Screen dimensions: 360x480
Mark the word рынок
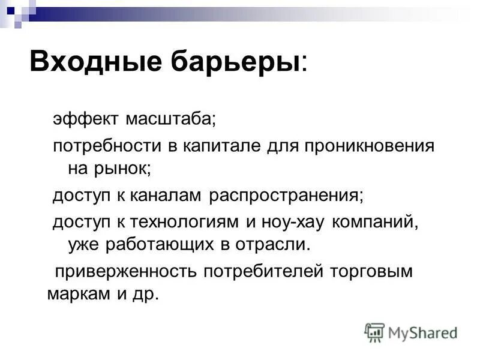(128, 169)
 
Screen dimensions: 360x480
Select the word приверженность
(126, 271)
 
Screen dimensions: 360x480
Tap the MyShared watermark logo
(411, 332)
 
